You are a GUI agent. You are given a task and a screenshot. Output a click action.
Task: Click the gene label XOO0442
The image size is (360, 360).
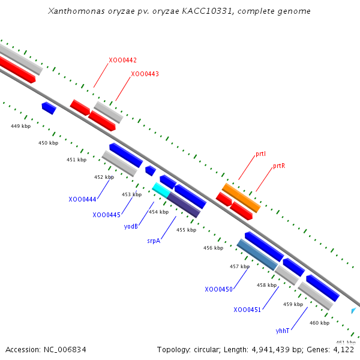[x=122, y=60]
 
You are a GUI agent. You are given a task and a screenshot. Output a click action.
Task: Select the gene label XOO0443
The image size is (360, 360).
[x=145, y=74]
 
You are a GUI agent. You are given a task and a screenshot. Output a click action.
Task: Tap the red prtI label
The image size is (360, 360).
[x=260, y=154]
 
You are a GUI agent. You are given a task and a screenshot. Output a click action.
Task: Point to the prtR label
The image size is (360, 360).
[x=278, y=166]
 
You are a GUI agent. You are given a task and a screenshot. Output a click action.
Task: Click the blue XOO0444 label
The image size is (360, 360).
[x=82, y=199]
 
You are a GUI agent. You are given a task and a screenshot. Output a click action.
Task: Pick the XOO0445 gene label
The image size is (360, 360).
[x=106, y=215]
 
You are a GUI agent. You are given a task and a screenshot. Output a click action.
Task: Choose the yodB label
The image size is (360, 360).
[x=131, y=226]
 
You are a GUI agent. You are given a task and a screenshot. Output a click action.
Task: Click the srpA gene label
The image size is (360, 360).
[x=154, y=241]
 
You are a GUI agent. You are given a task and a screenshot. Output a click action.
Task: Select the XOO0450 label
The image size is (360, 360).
[x=218, y=289]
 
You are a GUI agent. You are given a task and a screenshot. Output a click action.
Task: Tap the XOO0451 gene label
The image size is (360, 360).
[x=247, y=310]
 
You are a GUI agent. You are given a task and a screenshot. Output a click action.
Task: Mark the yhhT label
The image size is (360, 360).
[x=283, y=331]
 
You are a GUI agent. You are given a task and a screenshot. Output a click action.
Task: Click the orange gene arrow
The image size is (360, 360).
[x=241, y=198]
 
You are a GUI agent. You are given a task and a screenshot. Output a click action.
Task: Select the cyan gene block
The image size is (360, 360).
[x=160, y=190]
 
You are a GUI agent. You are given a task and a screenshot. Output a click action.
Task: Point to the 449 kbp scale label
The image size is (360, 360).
[x=20, y=126]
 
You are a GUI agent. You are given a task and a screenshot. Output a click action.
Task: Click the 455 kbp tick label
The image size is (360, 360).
[x=186, y=230]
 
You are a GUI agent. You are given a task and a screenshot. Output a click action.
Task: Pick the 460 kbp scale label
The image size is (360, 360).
[x=319, y=323]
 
